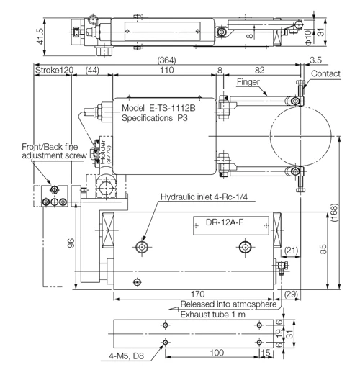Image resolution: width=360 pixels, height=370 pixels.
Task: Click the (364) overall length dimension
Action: click(166, 60)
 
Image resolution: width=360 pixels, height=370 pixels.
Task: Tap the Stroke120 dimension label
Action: click(54, 70)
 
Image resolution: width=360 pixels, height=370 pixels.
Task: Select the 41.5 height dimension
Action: click(40, 37)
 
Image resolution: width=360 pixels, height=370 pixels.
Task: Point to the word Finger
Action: click(248, 82)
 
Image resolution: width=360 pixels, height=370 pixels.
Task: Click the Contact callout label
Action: click(325, 73)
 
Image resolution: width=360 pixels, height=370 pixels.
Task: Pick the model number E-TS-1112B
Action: click(172, 108)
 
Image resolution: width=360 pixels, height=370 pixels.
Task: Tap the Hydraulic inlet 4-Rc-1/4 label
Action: click(204, 197)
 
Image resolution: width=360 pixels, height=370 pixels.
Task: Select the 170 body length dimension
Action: click(197, 294)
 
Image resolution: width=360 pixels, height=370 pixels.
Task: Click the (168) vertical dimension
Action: click(334, 212)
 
